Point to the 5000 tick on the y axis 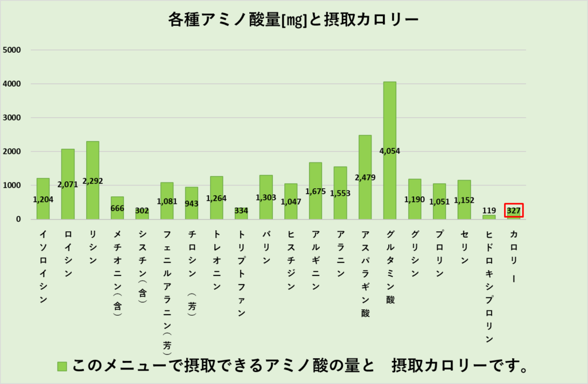coord(12,50)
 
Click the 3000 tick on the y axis coord(12,118)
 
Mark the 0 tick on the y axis coord(18,219)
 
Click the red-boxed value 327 coord(513,211)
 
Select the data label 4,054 coord(389,152)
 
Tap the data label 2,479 coord(365,177)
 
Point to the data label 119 coord(489,211)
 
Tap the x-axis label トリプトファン coord(241,273)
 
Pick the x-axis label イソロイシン coord(43,267)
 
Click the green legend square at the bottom coord(62,366)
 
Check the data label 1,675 coord(315,191)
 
